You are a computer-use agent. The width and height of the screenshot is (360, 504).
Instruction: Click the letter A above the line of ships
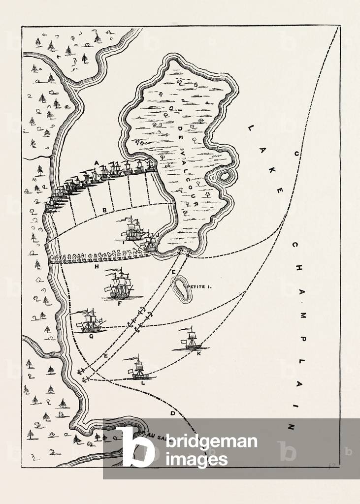(97, 162)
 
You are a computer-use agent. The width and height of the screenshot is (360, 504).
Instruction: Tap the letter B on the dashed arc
(104, 211)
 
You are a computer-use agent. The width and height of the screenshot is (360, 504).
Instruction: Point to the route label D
(172, 414)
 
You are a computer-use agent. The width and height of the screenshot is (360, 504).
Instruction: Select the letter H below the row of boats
(97, 267)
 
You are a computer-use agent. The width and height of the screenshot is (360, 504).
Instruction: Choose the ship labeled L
(139, 368)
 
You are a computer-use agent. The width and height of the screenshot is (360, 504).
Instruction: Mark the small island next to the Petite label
(182, 289)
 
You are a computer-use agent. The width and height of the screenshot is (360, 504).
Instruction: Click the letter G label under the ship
(91, 337)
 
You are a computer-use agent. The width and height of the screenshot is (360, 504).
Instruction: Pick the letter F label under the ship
(119, 304)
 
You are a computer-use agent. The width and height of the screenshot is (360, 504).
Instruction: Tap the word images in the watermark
(197, 459)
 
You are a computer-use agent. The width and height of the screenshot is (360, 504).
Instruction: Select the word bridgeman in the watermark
(212, 441)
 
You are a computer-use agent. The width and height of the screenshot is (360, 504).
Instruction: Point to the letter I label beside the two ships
(122, 242)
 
